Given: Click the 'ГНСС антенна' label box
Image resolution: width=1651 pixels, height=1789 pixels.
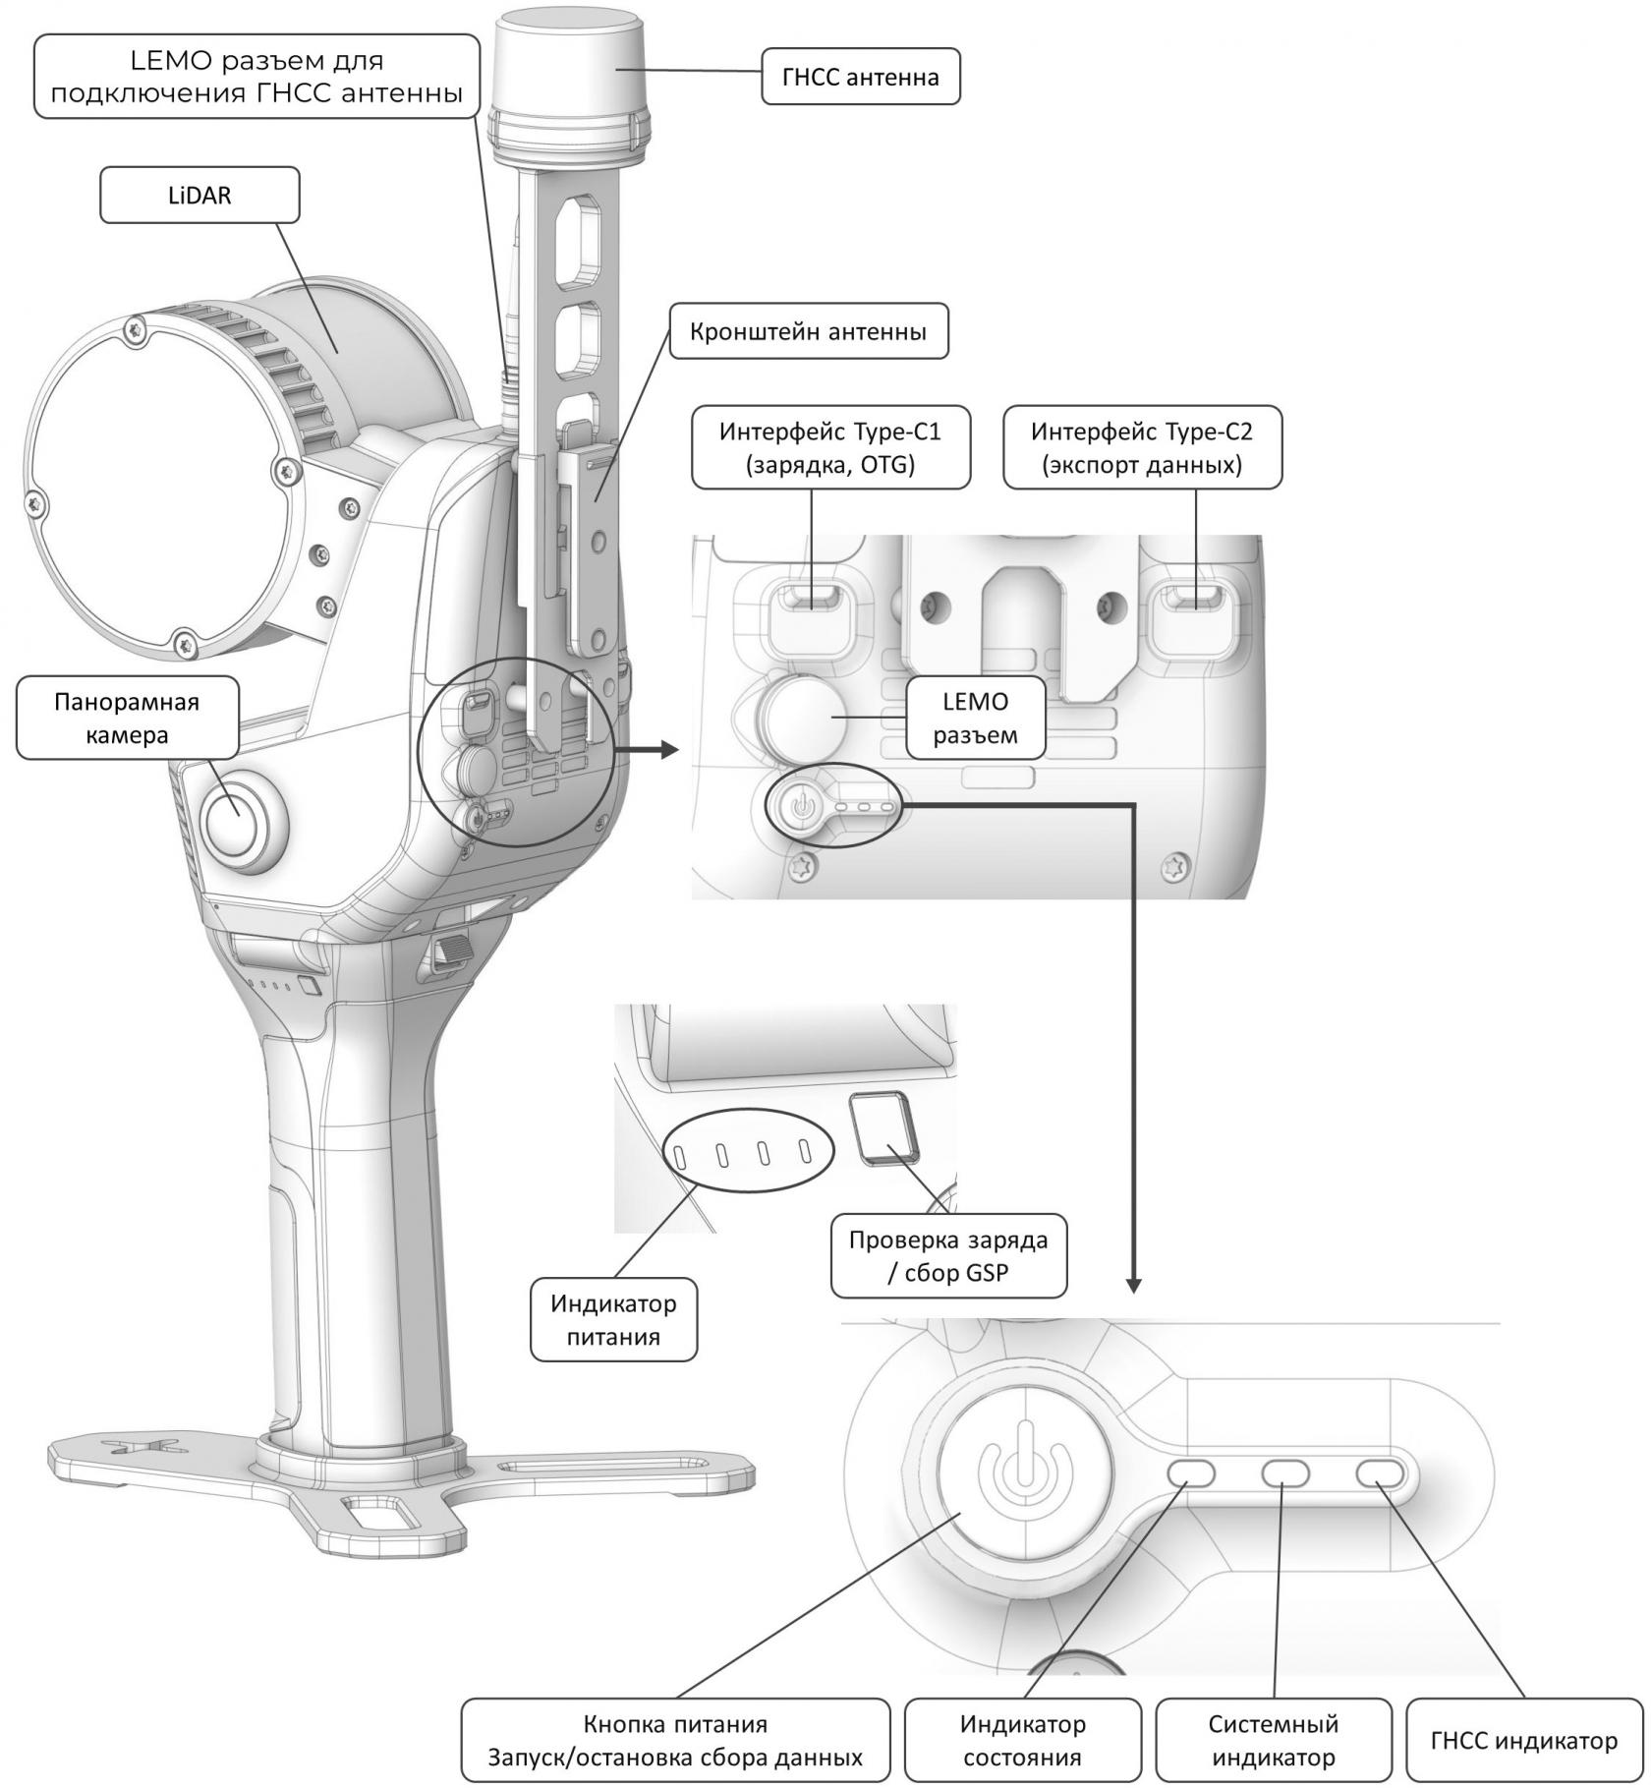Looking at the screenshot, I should (860, 78).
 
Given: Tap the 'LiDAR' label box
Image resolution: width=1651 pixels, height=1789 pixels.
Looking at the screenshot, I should (199, 196).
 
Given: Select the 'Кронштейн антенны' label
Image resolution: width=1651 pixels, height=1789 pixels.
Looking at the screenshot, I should (808, 331).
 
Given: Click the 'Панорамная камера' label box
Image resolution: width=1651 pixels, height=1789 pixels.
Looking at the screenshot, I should (127, 718).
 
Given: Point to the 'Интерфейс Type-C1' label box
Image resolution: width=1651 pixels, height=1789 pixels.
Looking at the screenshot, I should (830, 447).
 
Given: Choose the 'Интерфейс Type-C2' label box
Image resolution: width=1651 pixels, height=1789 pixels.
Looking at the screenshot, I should (1142, 447).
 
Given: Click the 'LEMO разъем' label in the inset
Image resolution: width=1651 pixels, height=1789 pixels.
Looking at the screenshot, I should (975, 718).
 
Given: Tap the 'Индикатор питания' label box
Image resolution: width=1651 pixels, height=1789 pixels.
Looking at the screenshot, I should (613, 1319).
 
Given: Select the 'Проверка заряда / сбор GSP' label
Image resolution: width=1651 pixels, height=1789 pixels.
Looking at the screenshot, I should (948, 1255).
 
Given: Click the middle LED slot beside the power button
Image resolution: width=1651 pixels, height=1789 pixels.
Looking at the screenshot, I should (1285, 1472).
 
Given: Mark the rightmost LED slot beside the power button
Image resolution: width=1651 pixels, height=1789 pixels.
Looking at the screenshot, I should (1381, 1472).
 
